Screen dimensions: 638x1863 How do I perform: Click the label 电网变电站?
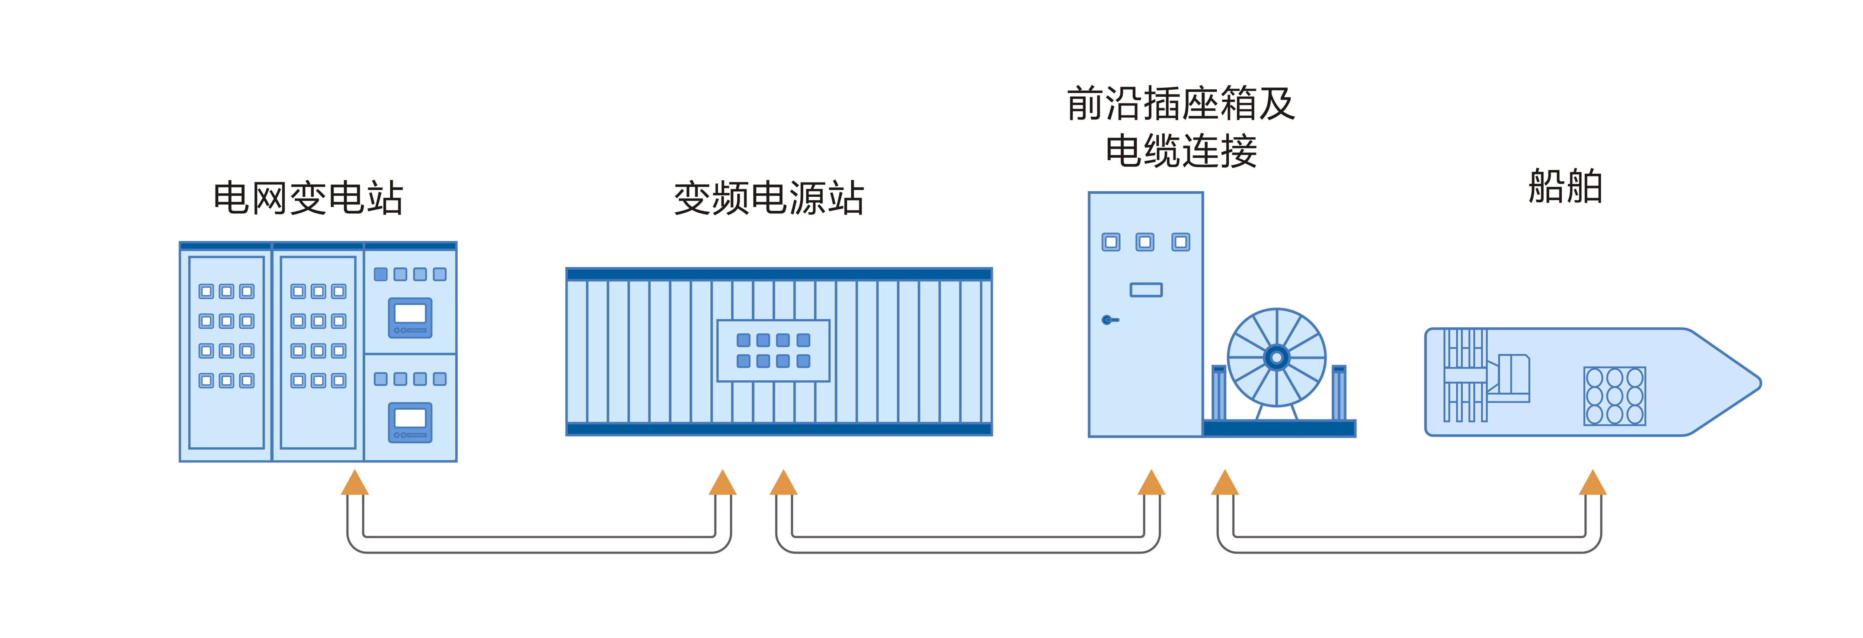point(308,198)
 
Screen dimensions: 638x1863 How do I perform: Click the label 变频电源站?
point(769,198)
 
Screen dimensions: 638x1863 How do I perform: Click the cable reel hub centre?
point(1277,357)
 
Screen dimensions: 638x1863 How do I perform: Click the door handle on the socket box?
point(1109,319)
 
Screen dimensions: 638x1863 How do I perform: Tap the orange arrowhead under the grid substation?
point(354,483)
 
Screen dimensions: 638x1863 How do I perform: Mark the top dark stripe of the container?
point(779,274)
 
